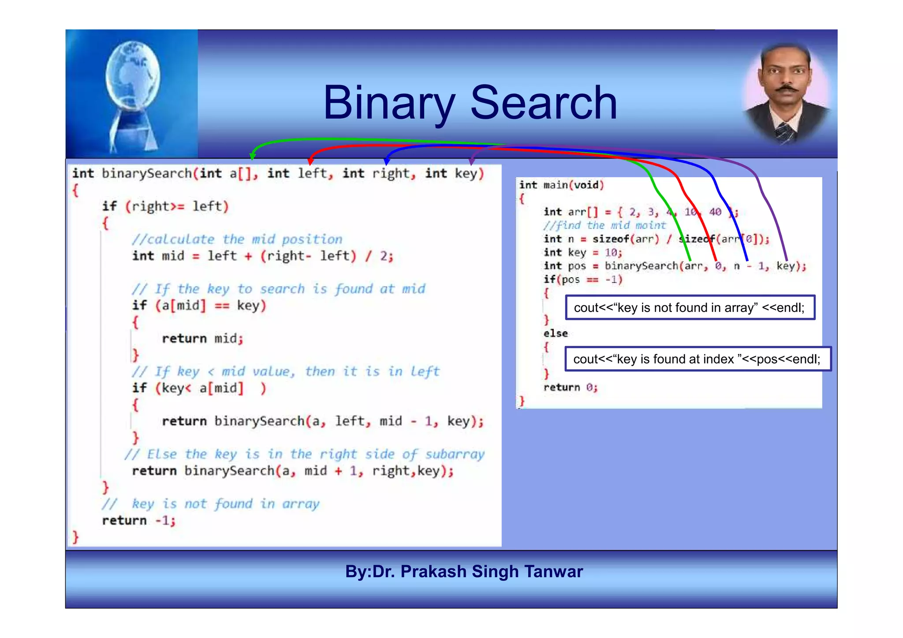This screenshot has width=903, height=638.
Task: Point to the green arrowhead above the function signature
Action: point(252,156)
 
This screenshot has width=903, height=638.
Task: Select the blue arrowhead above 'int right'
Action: point(387,161)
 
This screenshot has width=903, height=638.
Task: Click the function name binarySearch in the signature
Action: point(146,174)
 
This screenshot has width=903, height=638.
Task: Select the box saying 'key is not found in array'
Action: point(690,308)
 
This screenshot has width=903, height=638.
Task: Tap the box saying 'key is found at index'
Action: point(697,359)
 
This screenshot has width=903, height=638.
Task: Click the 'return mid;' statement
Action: point(202,338)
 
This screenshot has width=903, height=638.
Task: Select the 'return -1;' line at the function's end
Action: point(138,520)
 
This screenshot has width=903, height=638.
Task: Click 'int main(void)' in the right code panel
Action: point(561,185)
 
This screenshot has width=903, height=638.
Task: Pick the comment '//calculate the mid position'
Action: point(237,239)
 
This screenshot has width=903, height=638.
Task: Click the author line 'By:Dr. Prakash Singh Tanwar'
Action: point(464,571)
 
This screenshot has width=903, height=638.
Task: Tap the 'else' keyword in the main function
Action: point(556,334)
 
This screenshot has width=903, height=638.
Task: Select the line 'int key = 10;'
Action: point(582,252)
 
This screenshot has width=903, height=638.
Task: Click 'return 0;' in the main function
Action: point(570,387)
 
